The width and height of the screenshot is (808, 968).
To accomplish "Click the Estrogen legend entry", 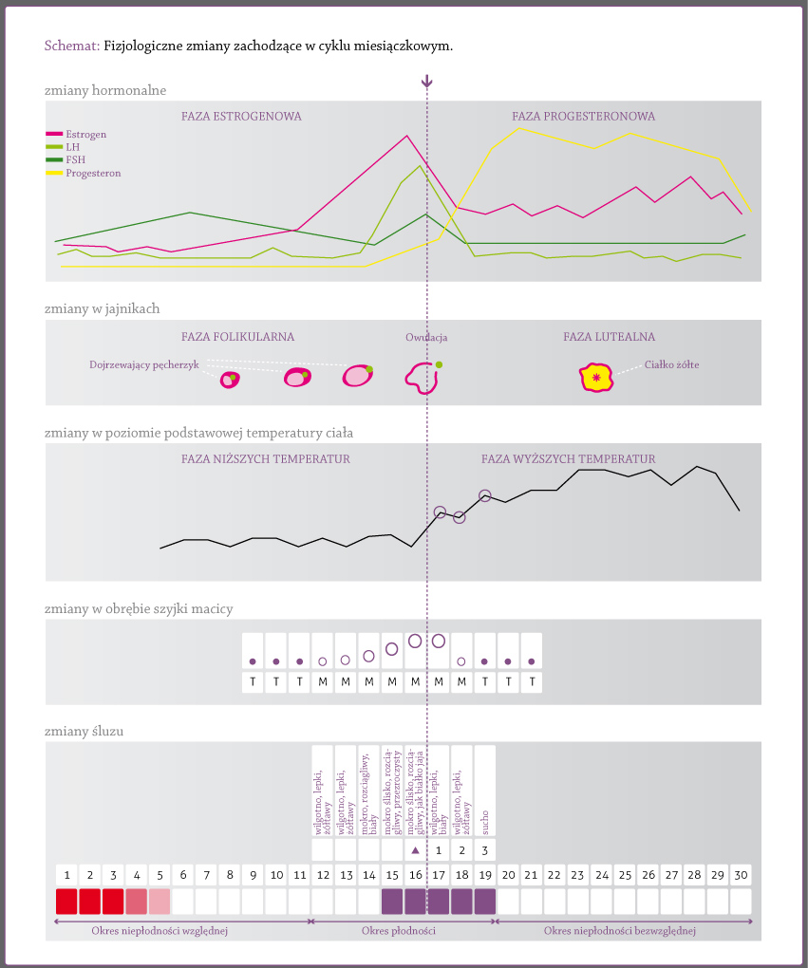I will coord(85,135).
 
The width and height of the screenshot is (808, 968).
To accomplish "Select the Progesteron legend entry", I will coord(93,174).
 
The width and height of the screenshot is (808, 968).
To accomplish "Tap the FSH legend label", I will coord(75,160).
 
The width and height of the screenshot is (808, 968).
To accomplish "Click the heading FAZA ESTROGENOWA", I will coord(241,117).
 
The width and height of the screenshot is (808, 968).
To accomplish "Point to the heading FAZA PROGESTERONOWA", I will coord(583,117).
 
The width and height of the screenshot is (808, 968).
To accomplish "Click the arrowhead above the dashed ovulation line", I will coord(427,83).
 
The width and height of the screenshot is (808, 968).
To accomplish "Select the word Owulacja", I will coord(426,338).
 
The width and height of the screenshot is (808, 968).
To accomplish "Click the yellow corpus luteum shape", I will coord(596,378).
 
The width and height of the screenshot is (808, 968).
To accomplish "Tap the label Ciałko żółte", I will coord(672,364).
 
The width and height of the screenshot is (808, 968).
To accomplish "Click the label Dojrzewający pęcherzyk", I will coord(144,364).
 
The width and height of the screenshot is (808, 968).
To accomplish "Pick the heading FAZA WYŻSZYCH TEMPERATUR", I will coord(568,459).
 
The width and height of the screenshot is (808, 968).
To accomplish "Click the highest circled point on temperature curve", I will coord(485,495).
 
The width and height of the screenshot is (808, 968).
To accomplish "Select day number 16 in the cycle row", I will coord(415,874).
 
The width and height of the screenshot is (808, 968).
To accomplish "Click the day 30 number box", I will coord(741,874).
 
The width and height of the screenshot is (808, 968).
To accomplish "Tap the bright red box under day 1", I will coord(66,901).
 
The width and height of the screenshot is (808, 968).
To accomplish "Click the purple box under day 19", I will coord(485,901).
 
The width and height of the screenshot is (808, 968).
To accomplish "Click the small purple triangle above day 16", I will coord(415,850).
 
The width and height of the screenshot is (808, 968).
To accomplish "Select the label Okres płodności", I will coord(398,931).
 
